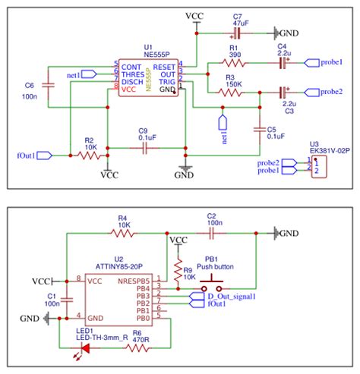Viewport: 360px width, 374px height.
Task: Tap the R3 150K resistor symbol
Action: pos(232,92)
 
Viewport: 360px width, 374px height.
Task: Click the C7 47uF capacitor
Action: pos(237,33)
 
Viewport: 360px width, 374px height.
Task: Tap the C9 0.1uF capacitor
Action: pos(142,147)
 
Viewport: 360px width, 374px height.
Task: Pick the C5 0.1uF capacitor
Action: pos(260,129)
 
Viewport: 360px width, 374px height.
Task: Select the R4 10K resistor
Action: pos(123,233)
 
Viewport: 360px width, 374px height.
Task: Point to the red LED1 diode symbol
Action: pos(84,348)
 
